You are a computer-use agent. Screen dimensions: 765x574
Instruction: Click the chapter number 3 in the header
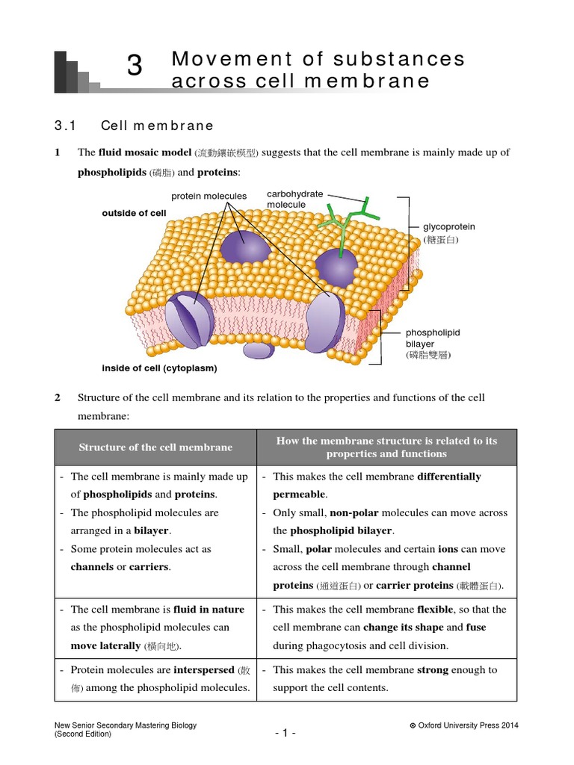pyautogui.click(x=135, y=66)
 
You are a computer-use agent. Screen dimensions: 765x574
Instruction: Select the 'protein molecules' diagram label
pyautogui.click(x=209, y=196)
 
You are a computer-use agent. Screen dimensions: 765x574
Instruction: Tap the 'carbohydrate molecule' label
pyautogui.click(x=295, y=199)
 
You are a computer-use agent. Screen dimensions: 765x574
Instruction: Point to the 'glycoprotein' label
pyautogui.click(x=449, y=226)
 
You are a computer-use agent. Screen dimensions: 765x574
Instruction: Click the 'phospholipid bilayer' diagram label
pyautogui.click(x=433, y=338)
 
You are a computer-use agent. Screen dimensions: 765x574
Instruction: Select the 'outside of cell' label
pyautogui.click(x=134, y=213)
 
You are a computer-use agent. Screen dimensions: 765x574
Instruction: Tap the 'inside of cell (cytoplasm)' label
pyautogui.click(x=159, y=368)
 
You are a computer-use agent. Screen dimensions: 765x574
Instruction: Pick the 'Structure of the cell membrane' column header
pyautogui.click(x=155, y=447)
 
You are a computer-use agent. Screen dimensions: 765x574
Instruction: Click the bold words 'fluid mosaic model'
pyautogui.click(x=145, y=152)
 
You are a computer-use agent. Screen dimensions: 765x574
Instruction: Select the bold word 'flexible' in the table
pyautogui.click(x=436, y=610)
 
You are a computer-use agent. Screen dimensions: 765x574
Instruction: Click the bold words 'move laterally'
pyautogui.click(x=105, y=645)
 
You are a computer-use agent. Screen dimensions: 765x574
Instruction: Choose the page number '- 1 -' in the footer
pyautogui.click(x=286, y=732)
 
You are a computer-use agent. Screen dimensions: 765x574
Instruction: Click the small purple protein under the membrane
pyautogui.click(x=259, y=350)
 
